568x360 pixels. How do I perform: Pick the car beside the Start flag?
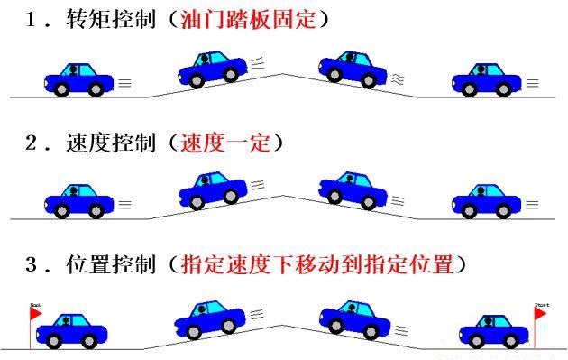point(490,330)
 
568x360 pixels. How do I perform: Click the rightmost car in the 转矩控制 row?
point(490,79)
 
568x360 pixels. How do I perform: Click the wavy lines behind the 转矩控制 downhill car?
point(398,80)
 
